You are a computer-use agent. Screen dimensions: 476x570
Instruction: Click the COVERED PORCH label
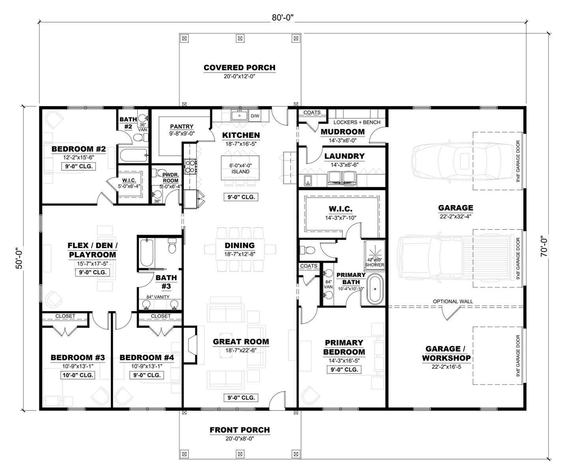(x=239, y=68)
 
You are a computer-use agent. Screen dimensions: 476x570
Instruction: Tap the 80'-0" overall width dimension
(x=282, y=18)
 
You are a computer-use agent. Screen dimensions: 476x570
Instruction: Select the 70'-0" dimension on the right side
(x=544, y=246)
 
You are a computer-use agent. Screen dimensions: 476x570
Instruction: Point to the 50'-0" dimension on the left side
(x=19, y=258)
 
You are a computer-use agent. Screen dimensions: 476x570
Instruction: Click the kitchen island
(x=240, y=168)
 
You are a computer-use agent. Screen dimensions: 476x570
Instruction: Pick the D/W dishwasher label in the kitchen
(x=255, y=116)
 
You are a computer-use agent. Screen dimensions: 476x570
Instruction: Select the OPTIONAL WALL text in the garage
(x=452, y=301)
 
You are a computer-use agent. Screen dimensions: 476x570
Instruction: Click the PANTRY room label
(x=181, y=127)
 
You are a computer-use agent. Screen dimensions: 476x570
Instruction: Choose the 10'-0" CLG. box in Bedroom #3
(x=78, y=375)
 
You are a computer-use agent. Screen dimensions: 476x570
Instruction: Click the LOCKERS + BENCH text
(x=357, y=122)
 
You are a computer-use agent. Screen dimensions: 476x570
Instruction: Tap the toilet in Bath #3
(x=172, y=246)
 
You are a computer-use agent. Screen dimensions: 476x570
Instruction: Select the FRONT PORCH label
(x=239, y=430)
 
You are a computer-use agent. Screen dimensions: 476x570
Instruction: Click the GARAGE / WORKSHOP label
(x=446, y=353)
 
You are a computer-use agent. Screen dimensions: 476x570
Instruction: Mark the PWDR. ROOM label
(x=170, y=177)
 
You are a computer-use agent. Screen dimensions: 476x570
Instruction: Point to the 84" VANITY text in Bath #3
(x=158, y=297)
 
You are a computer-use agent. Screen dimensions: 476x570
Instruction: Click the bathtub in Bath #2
(x=133, y=155)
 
